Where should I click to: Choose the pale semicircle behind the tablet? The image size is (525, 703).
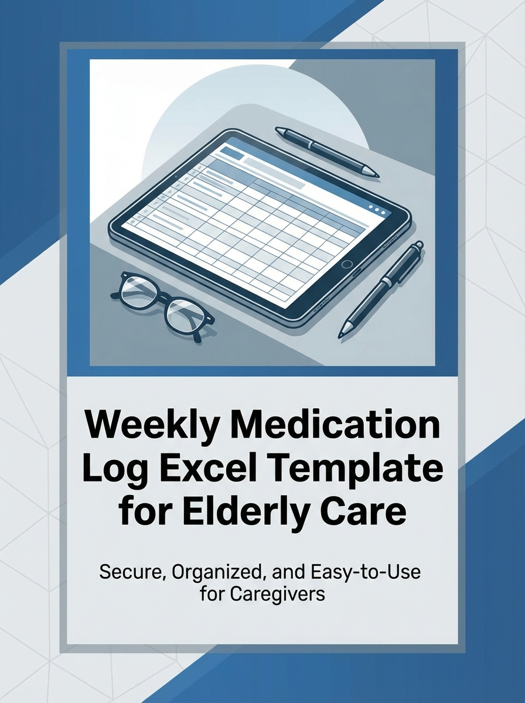pyautogui.click(x=176, y=135)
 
